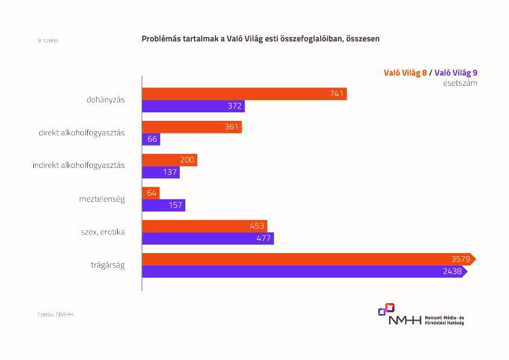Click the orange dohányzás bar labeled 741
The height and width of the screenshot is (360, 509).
click(x=244, y=94)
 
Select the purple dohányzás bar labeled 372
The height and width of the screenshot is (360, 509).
click(x=193, y=106)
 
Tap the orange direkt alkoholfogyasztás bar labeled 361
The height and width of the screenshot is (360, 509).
click(x=191, y=127)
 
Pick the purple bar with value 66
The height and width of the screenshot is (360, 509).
click(x=151, y=139)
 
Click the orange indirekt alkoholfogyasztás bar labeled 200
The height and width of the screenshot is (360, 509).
click(x=169, y=160)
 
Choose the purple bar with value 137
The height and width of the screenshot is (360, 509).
click(x=161, y=172)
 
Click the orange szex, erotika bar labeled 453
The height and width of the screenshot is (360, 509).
click(x=204, y=226)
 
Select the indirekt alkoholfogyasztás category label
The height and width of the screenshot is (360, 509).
click(x=78, y=166)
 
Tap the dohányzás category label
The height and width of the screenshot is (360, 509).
click(x=106, y=100)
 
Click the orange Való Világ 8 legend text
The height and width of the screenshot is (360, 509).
click(x=405, y=72)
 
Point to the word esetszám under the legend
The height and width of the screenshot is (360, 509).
click(x=460, y=83)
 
